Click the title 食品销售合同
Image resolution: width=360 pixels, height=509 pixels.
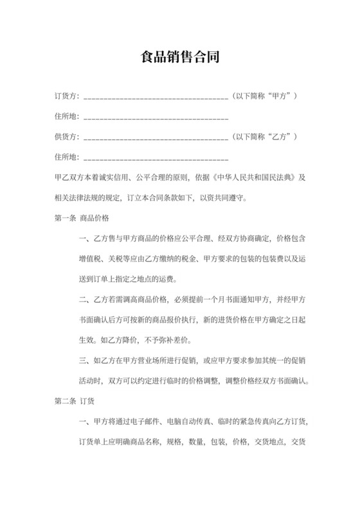[180, 57]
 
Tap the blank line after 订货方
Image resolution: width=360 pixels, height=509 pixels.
[156, 98]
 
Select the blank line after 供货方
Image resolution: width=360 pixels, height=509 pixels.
[156, 138]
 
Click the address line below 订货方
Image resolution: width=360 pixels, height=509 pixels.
[156, 118]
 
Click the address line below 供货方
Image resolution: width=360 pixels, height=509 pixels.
[156, 158]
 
